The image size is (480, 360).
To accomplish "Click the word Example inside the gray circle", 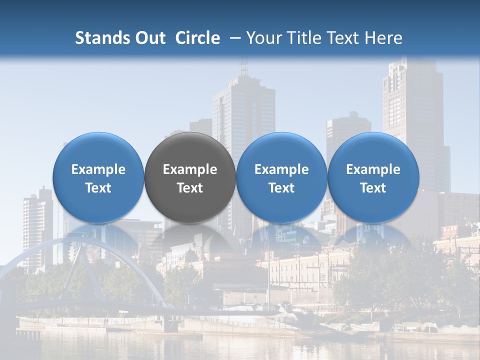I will coord(190,169).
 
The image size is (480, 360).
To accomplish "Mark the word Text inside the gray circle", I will coord(190,188).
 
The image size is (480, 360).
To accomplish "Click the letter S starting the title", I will coord(79,38).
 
